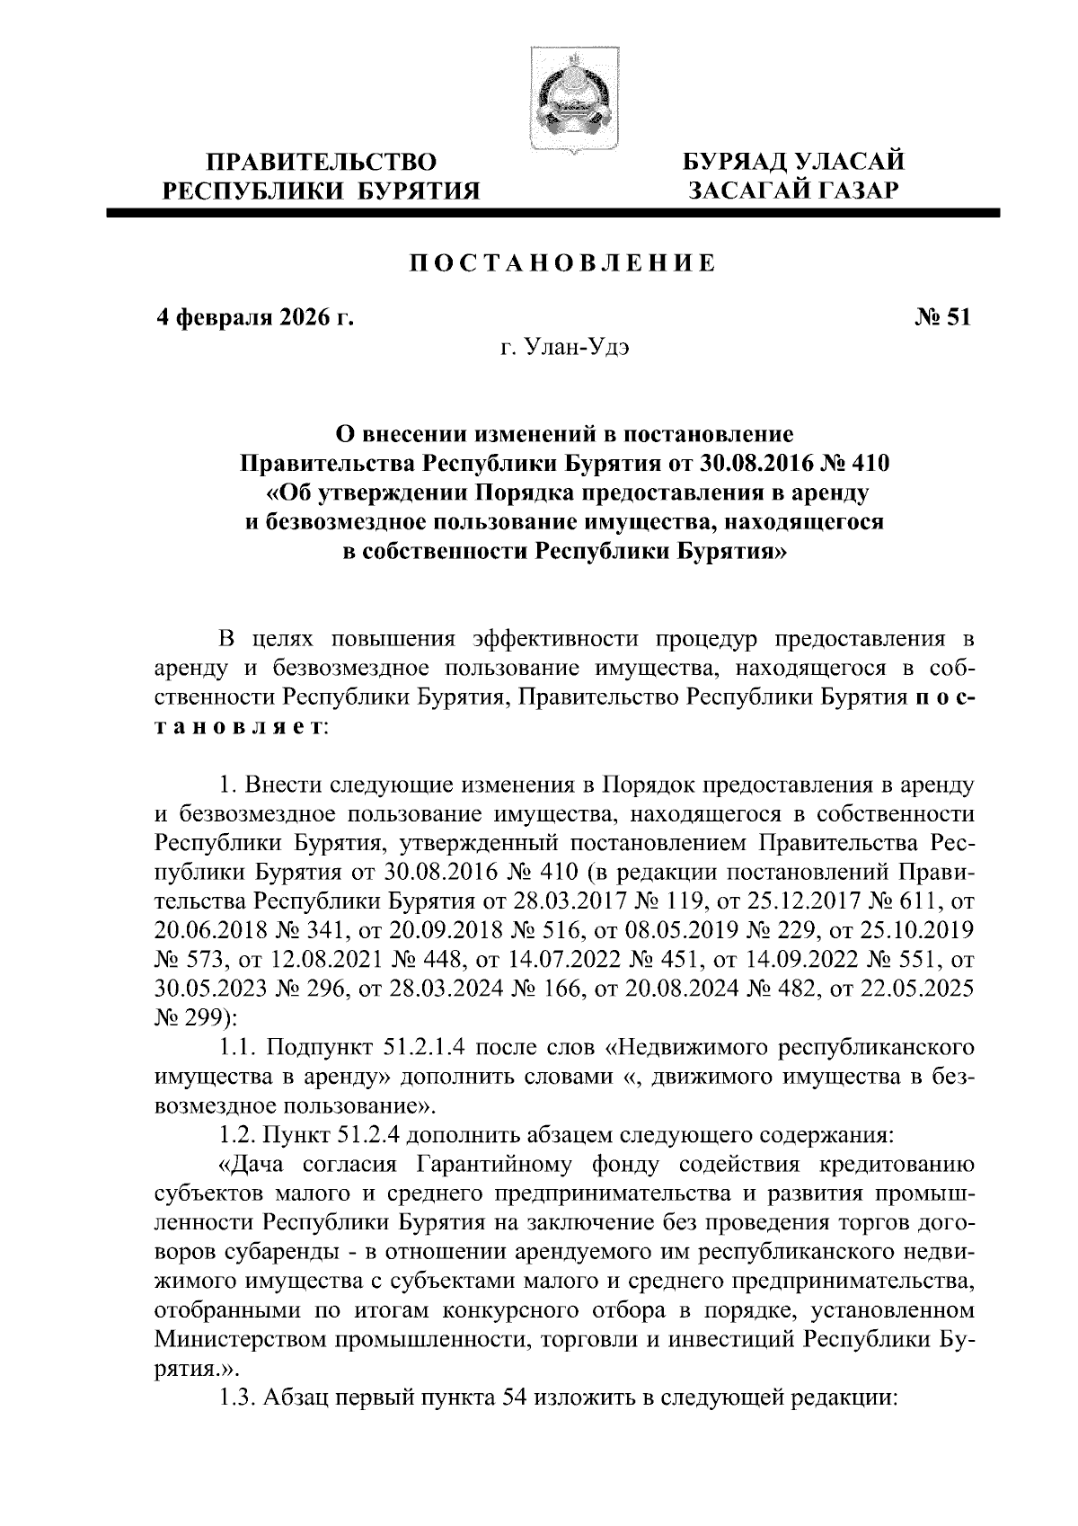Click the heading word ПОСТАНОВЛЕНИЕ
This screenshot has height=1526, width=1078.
click(563, 263)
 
